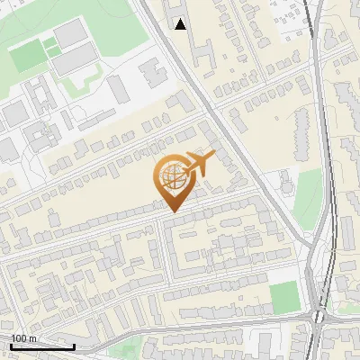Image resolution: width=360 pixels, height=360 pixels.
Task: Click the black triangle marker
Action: pos(181,24)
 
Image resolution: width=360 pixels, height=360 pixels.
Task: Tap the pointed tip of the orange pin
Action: pos(171,211)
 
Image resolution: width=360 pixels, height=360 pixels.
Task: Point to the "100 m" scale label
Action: pos(23,337)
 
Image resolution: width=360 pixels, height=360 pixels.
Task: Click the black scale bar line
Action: pos(42,346)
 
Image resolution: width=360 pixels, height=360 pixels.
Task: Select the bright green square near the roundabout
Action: pos(283,296)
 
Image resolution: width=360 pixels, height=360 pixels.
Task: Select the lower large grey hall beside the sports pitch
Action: pos(77,59)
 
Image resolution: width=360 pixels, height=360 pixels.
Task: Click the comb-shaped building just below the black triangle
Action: pos(200,54)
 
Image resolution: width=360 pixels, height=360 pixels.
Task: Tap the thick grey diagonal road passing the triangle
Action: pos(225,126)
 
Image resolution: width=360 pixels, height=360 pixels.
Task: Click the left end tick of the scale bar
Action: pos(11,346)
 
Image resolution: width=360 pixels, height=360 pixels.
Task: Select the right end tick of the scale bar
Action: pos(74,346)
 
